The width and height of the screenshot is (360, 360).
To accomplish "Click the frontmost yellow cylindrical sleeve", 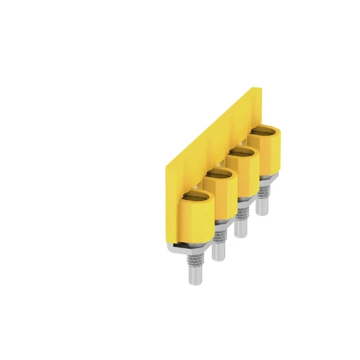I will point(196,221).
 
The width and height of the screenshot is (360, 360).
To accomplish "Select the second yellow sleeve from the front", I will point(219,198).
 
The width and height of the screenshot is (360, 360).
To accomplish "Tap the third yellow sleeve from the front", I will point(241,175).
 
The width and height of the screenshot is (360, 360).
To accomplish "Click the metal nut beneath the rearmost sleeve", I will point(265,180).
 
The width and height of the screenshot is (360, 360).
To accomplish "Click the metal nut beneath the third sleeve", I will point(242,202).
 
